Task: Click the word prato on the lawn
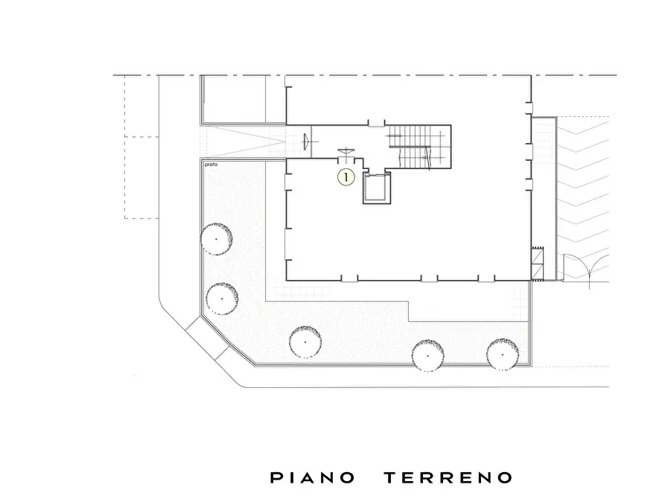click(209, 165)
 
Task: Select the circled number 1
click(346, 177)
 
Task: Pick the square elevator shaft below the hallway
click(377, 189)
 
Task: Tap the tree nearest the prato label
click(217, 238)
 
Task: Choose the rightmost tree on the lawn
click(502, 353)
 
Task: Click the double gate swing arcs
click(586, 268)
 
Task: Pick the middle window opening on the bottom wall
click(429, 279)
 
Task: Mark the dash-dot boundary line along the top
click(372, 75)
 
